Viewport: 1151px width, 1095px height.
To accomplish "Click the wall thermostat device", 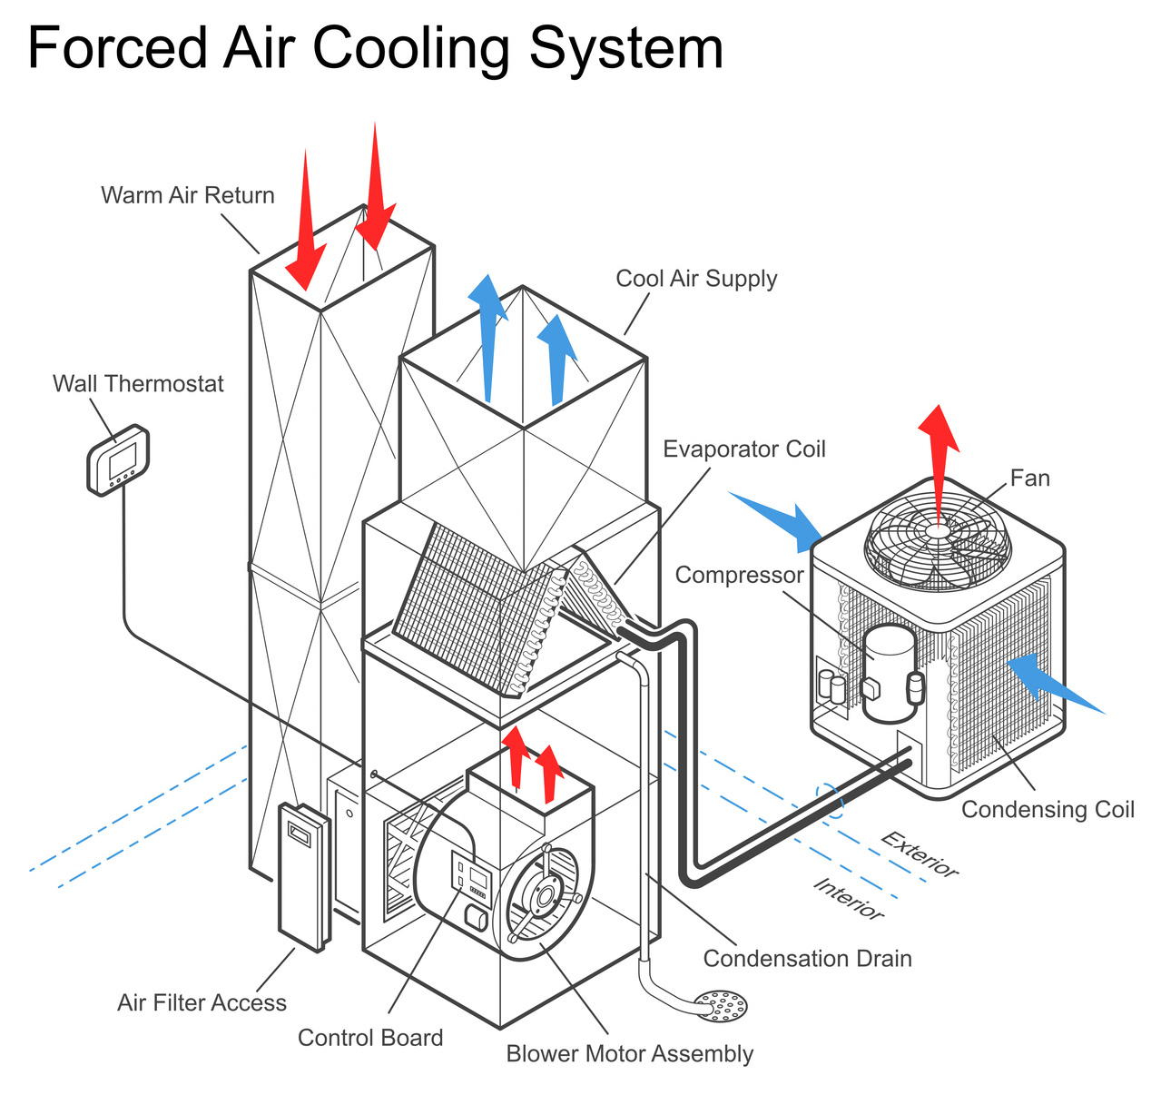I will pyautogui.click(x=118, y=460).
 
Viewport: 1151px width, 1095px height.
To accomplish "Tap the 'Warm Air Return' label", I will pyautogui.click(x=187, y=195).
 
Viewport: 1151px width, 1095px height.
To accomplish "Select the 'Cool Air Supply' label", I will pyautogui.click(x=696, y=279).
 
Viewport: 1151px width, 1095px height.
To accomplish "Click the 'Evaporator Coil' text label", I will pyautogui.click(x=744, y=449).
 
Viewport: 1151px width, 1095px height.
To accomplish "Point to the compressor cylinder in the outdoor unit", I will pyautogui.click(x=889, y=672).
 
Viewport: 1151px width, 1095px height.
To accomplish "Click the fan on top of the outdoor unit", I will pyautogui.click(x=938, y=536).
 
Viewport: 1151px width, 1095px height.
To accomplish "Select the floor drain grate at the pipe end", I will pyautogui.click(x=721, y=1005).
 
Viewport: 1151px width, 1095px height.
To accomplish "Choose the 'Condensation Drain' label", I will pyautogui.click(x=807, y=959).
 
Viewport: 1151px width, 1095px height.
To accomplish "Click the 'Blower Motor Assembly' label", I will pyautogui.click(x=629, y=1054).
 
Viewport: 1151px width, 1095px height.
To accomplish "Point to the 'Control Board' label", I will pyautogui.click(x=370, y=1038).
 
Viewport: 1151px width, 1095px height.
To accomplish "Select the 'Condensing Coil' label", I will pyautogui.click(x=1048, y=809).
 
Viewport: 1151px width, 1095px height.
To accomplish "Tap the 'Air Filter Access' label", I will pyautogui.click(x=202, y=1002).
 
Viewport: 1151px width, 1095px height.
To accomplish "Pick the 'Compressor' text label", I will pyautogui.click(x=739, y=575).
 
